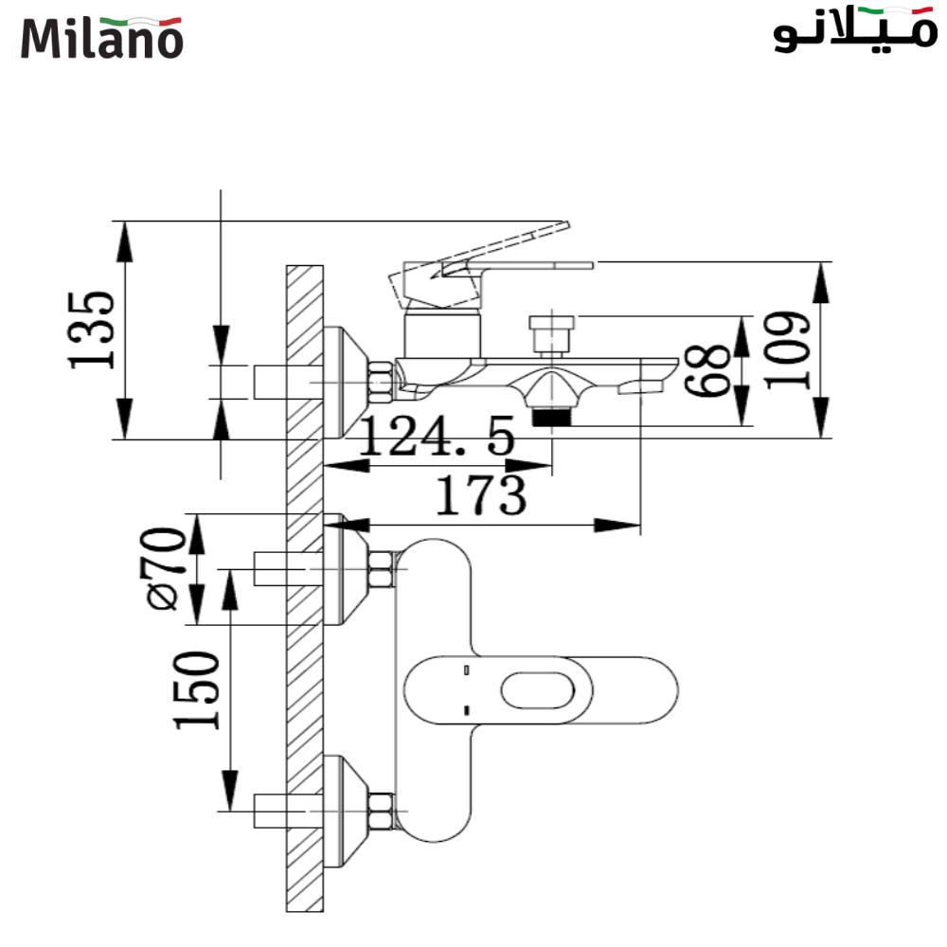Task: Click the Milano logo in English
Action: [101, 37]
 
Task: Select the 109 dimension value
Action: [789, 349]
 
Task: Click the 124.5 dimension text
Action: [438, 438]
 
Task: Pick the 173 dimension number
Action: [480, 495]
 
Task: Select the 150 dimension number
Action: [195, 690]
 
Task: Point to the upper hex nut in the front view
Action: [381, 569]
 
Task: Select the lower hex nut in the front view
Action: [381, 813]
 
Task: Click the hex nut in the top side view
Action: [381, 383]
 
